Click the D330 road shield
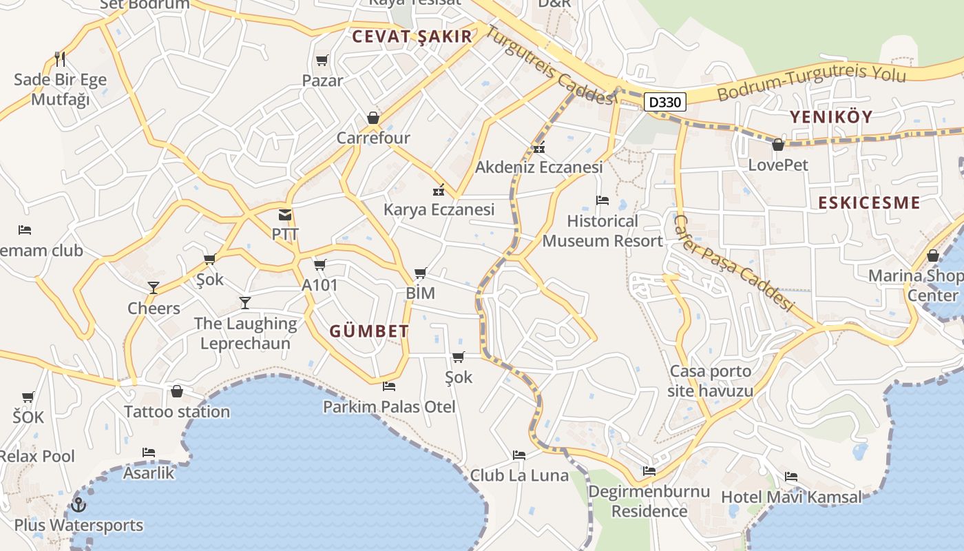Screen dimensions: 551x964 (x=666, y=103)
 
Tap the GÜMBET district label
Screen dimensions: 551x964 (x=369, y=331)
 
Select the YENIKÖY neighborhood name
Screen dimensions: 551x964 (x=831, y=116)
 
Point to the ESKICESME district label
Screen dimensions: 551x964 (x=869, y=202)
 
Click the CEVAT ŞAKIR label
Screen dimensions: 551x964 (x=412, y=37)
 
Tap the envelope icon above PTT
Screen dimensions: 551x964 (x=285, y=215)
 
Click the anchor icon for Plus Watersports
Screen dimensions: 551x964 (x=78, y=505)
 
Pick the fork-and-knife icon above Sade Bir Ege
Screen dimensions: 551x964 (x=60, y=59)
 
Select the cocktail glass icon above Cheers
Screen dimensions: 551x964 (x=154, y=287)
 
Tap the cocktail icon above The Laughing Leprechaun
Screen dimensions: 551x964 (x=245, y=302)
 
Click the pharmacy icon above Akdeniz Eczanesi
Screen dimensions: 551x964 (x=539, y=147)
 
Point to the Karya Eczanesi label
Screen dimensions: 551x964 (x=439, y=209)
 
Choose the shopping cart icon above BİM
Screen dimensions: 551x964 (x=420, y=273)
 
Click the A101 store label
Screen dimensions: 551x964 (x=319, y=284)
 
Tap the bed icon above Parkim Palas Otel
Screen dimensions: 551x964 (x=389, y=386)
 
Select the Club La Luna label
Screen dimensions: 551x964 (x=519, y=475)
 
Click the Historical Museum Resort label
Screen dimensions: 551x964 (x=602, y=231)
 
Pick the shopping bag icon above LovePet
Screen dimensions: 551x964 (x=778, y=145)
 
